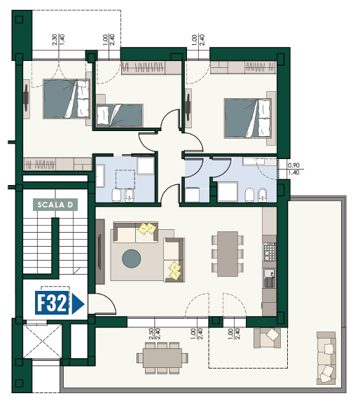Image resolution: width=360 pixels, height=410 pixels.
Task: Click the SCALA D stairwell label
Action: point(55,205)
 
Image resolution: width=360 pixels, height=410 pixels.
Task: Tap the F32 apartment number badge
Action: point(52,303)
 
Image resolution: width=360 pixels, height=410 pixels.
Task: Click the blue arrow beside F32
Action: point(78,304)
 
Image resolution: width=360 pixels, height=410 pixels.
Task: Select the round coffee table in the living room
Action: point(132,259)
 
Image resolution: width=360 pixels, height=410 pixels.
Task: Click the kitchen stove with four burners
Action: point(270,252)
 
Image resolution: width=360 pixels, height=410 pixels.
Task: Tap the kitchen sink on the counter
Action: point(270,278)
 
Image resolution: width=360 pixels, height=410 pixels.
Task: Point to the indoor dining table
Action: point(228,254)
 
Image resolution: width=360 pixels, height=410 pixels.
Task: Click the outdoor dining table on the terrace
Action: point(162,358)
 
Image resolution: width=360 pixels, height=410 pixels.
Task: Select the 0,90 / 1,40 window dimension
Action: point(293,169)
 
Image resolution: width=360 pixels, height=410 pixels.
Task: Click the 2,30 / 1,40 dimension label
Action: point(59,39)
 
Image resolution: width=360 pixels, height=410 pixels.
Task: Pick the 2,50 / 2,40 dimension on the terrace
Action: point(154,334)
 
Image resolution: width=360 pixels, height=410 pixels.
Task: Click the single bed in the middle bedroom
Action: point(120,116)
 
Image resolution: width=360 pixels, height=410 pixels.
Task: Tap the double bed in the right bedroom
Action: point(247,118)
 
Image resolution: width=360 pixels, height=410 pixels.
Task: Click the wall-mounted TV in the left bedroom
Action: point(26,99)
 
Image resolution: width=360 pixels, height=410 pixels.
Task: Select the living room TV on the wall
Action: point(99,252)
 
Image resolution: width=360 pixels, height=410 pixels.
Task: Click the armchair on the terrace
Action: point(268,338)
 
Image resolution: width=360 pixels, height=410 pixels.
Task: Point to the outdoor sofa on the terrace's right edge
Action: point(326,358)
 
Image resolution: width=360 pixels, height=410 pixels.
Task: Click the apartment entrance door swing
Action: point(102,303)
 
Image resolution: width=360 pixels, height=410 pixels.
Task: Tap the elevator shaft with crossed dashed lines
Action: point(43,341)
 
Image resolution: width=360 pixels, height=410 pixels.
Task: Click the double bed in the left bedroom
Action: point(67,99)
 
